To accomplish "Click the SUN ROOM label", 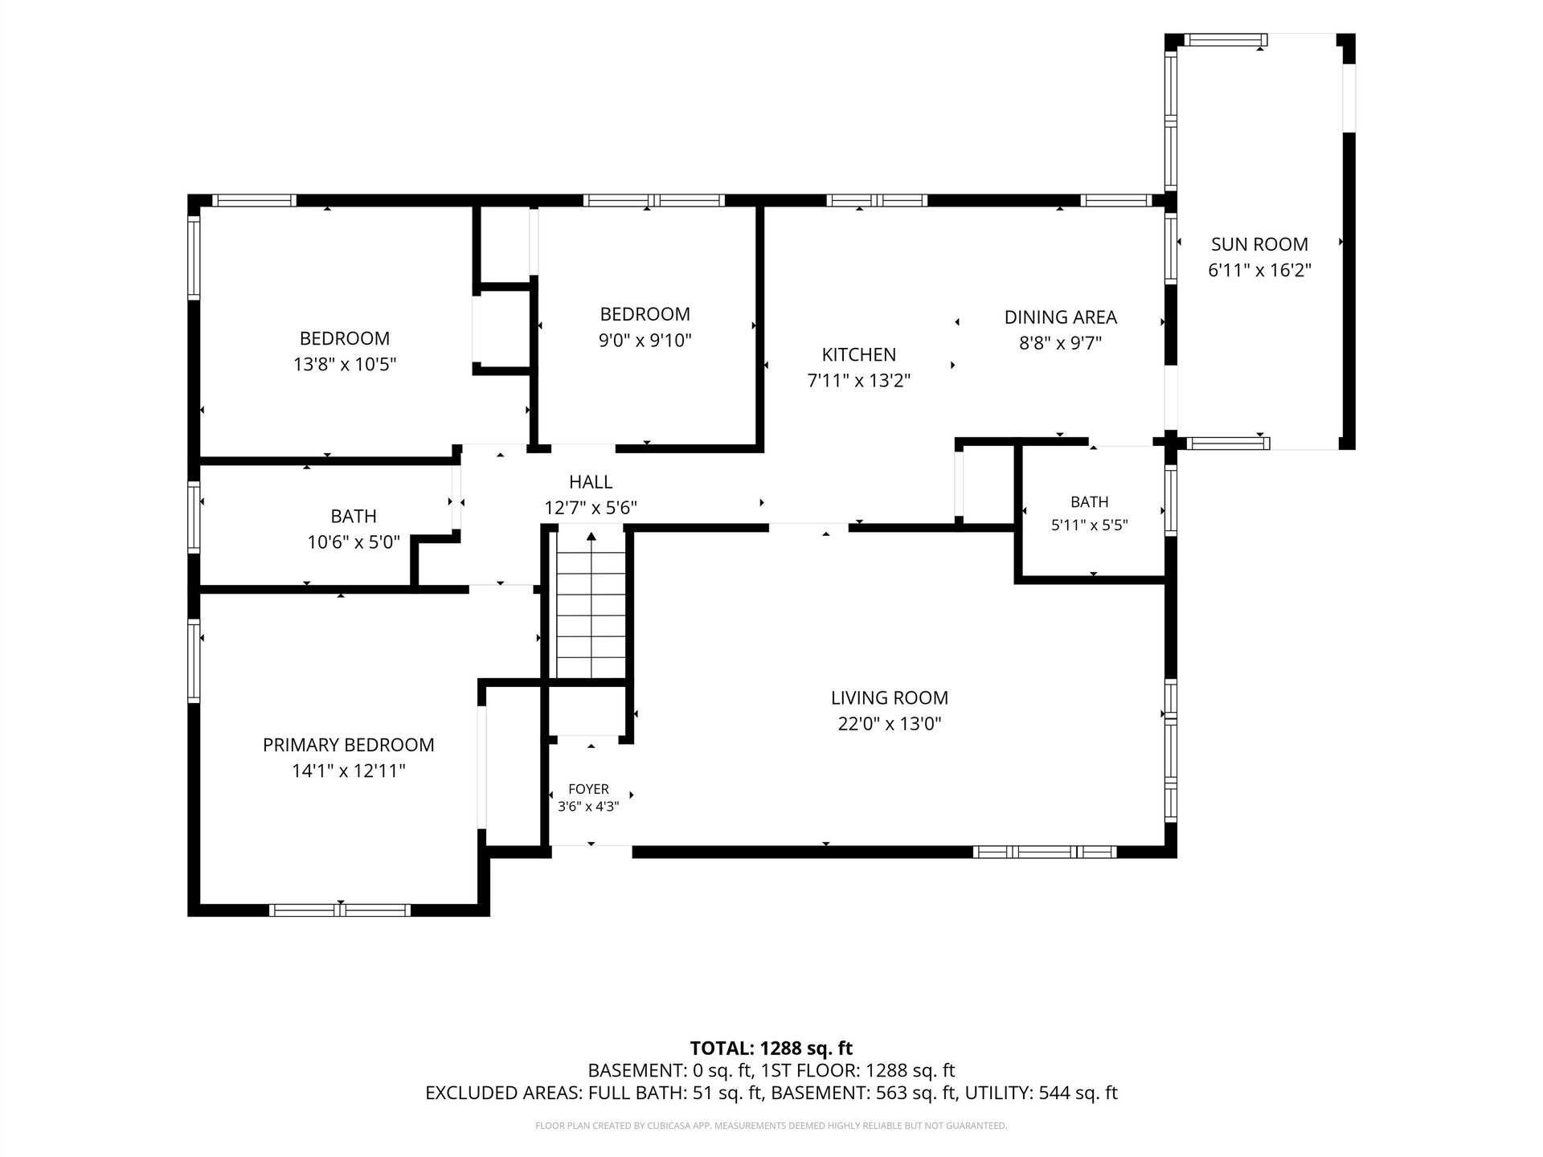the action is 1259,244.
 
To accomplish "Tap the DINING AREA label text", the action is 1060,317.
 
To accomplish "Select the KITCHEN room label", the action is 858,354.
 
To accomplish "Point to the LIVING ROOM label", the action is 889,698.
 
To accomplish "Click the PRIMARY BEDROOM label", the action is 348,745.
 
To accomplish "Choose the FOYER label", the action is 588,789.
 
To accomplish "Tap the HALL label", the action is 591,482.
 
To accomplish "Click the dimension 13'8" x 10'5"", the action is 345,364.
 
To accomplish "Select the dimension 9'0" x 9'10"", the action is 645,340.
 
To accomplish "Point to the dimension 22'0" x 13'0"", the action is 889,724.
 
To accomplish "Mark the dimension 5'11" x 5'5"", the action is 1089,525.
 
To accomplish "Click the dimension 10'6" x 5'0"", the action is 354,542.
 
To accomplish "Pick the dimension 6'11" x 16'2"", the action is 1259,270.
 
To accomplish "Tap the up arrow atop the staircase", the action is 591,537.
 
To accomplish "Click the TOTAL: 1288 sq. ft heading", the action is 771,1048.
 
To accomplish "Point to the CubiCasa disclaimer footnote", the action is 771,1126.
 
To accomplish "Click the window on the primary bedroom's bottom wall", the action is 340,910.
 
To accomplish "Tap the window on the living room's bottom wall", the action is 1045,852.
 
